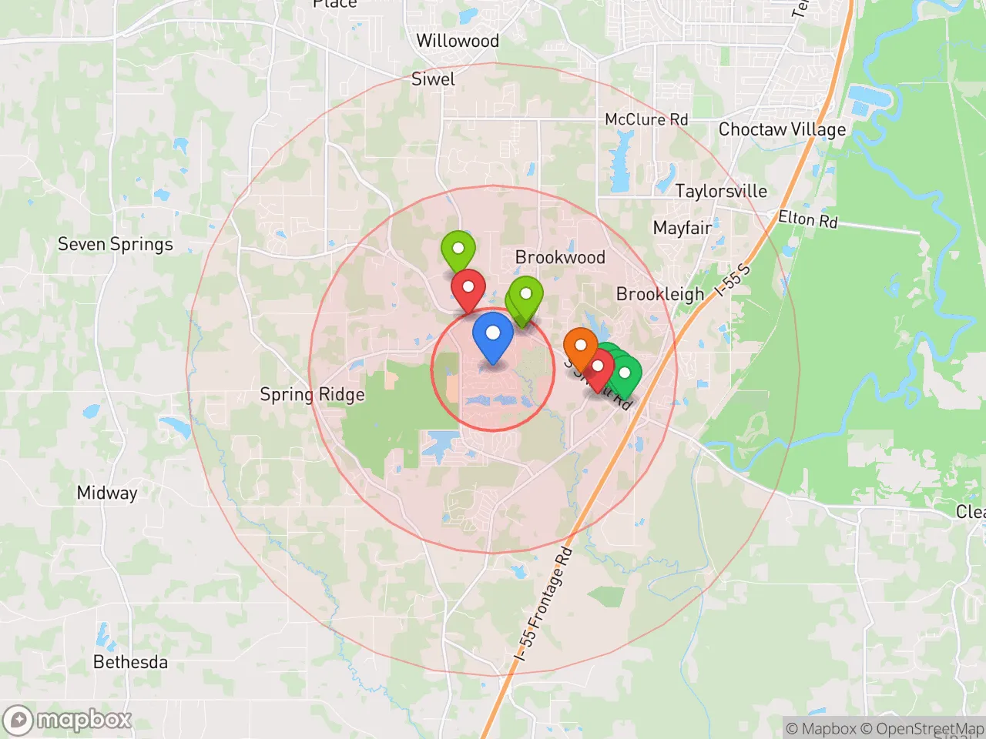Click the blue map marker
pos(492,336)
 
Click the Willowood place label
pos(458,41)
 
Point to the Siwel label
pos(433,79)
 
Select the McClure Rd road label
pos(646,119)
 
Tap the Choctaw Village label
pos(782,129)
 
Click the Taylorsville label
pos(721,191)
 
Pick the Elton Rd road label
pos(807,219)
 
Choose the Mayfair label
pos(682,228)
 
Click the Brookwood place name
pos(560,257)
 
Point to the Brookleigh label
pos(660,294)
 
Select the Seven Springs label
pos(116,245)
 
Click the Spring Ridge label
pos(312,395)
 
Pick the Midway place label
pos(107,493)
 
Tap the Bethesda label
pos(130,662)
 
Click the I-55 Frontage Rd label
pos(544,604)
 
